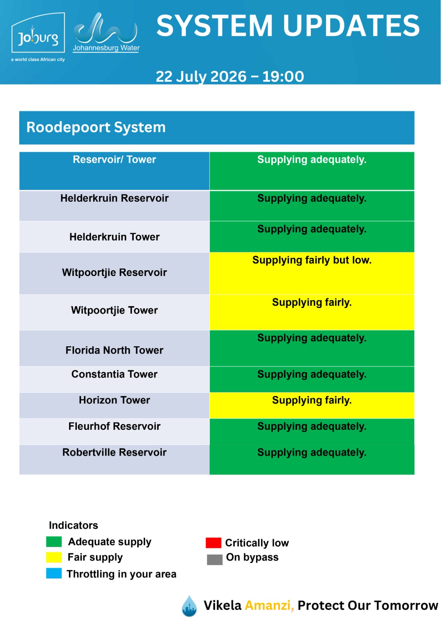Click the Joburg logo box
click(38, 33)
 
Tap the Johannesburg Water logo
click(106, 32)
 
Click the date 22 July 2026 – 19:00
click(230, 76)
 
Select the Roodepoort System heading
click(96, 127)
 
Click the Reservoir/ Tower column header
click(114, 159)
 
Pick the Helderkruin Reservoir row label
click(114, 198)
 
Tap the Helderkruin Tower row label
click(114, 237)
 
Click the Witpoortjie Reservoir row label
click(114, 272)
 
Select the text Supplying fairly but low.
click(312, 260)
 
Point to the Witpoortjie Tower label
click(114, 310)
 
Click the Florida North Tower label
click(114, 350)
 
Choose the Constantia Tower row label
click(114, 374)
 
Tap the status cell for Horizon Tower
click(312, 405)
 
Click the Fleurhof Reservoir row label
click(114, 426)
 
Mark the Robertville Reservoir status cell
click(312, 459)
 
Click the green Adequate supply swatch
click(54, 542)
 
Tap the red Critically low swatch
click(213, 543)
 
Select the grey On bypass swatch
click(214, 559)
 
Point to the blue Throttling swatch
click(54, 573)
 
